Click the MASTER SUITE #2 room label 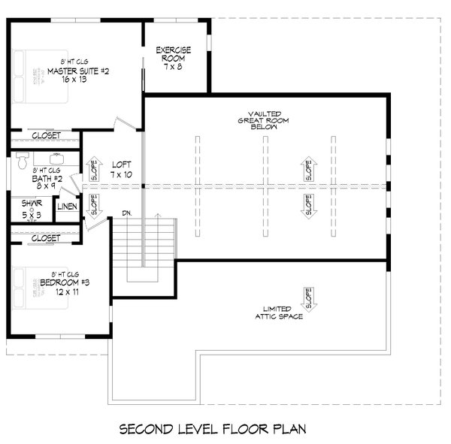coord(79,71)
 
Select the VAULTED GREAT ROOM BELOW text coord(263,119)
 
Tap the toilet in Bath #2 coord(23,161)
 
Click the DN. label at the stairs coord(127,213)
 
